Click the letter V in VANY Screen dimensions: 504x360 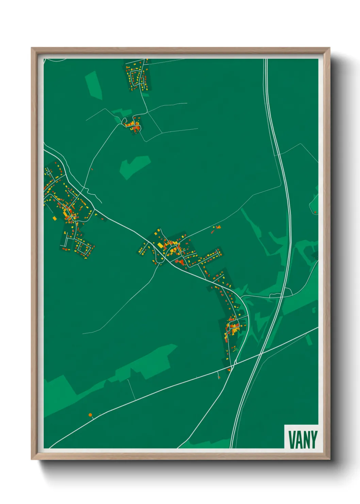292,440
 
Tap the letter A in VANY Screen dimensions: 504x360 299,440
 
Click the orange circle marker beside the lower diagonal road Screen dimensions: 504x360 90,415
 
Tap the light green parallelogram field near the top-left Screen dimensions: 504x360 94,85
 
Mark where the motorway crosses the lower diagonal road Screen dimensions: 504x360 260,354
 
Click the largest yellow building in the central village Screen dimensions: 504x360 160,245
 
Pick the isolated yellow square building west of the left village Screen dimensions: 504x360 54,218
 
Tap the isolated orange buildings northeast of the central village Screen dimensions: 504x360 217,227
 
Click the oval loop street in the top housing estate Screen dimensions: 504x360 137,78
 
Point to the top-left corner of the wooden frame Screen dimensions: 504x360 32,48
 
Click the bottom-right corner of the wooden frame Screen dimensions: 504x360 329,459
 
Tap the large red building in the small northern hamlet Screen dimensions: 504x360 135,128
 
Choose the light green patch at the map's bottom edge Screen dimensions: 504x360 211,444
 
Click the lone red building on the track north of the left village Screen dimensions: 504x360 92,169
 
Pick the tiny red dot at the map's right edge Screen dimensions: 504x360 315,212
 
